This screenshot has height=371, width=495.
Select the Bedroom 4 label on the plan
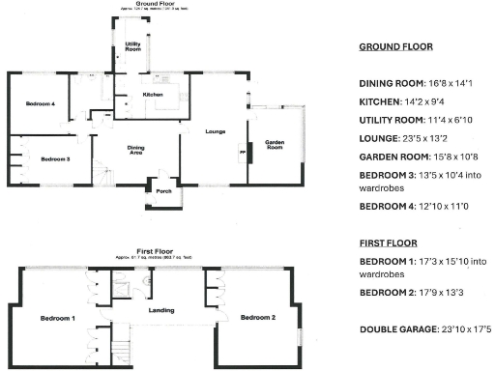40,103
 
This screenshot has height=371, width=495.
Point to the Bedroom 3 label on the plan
55,158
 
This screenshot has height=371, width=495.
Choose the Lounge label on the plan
215,129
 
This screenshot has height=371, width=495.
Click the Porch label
162,190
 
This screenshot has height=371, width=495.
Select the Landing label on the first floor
160,310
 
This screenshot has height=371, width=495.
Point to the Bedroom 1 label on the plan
57,318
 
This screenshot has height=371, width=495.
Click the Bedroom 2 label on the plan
258,318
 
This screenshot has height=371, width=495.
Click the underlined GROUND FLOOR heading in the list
395,46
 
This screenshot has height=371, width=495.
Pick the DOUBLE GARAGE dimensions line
425,329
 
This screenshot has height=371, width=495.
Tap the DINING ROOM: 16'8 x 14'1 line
418,83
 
